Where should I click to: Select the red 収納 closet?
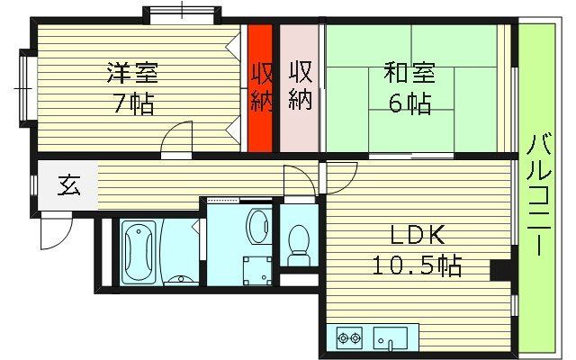[260, 87]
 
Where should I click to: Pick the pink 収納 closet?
[300, 85]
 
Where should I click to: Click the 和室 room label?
[409, 72]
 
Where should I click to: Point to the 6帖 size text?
[409, 103]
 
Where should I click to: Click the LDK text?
[417, 237]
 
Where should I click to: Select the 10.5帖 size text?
[417, 265]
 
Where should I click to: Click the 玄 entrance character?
[68, 187]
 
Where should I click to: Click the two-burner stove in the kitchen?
[348, 339]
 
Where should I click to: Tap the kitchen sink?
[391, 339]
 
